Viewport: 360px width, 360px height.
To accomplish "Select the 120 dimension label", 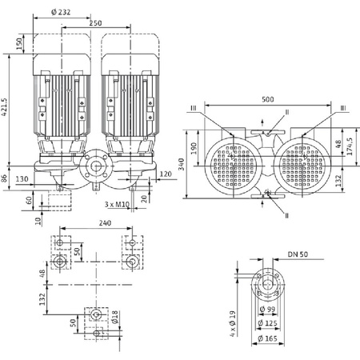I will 166,174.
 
